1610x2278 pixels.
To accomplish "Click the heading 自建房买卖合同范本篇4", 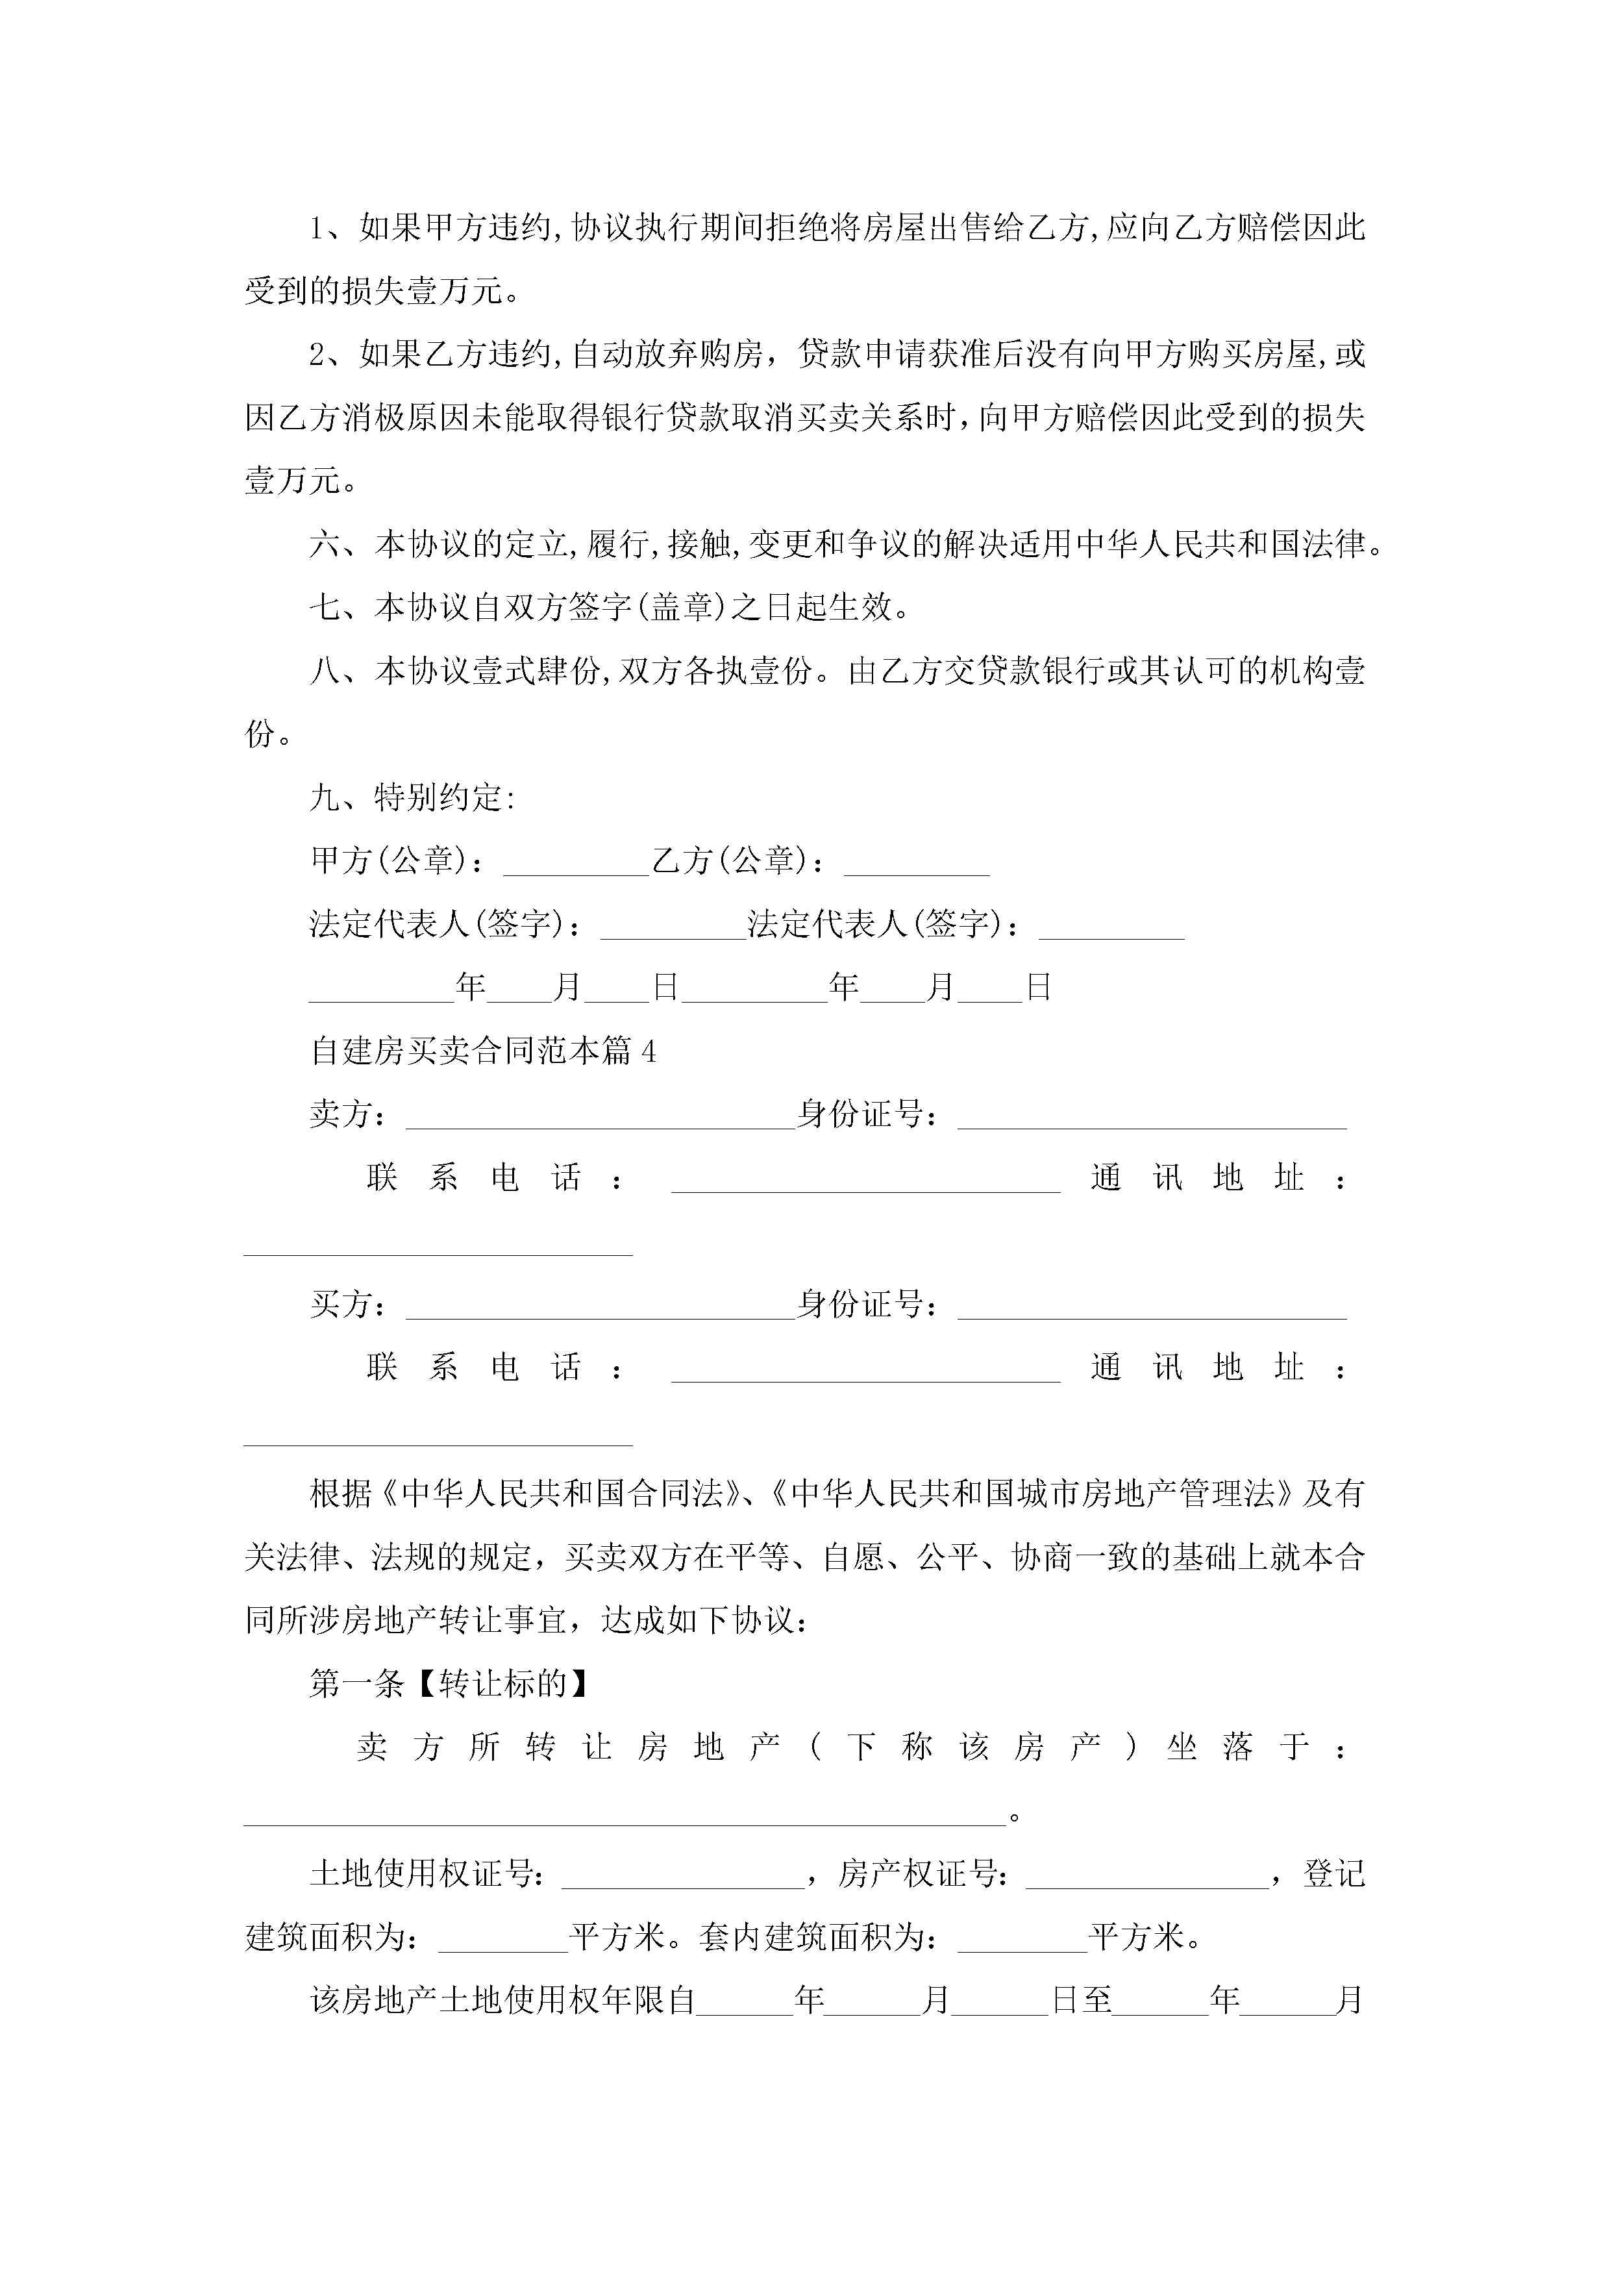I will [483, 1051].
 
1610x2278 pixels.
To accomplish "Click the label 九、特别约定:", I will [412, 797].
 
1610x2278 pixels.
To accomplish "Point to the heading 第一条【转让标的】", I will [449, 1684].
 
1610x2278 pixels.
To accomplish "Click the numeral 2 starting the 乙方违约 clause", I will [317, 355].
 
